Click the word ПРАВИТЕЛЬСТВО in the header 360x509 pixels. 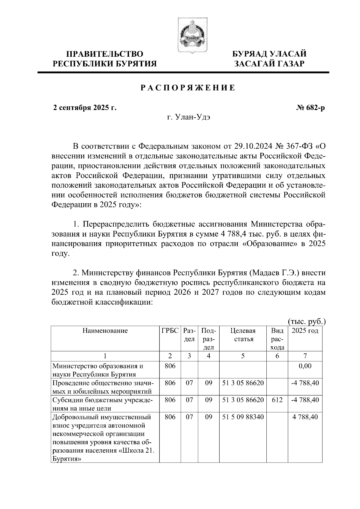[105, 54]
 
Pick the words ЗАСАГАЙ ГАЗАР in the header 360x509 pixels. [269, 64]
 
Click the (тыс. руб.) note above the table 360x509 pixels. [307, 322]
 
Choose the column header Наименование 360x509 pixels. [105, 331]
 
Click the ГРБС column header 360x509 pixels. [170, 331]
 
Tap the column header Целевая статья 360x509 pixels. [243, 335]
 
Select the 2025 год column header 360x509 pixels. [305, 331]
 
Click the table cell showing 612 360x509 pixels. [277, 400]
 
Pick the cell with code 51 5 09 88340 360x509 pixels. [243, 417]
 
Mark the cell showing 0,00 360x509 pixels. [305, 366]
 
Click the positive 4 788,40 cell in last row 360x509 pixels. [305, 417]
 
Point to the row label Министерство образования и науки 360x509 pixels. [98, 370]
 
